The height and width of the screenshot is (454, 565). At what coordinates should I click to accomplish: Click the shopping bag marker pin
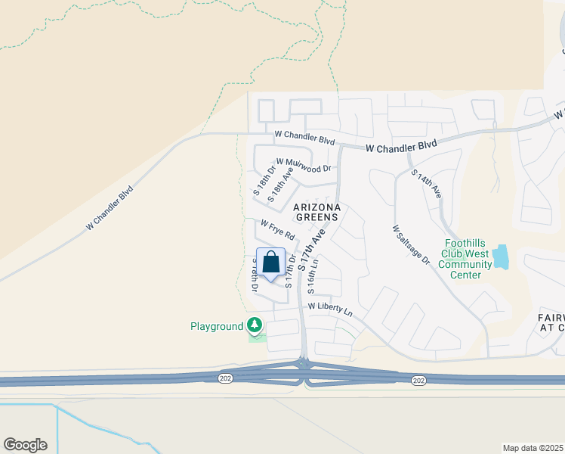[x=271, y=263]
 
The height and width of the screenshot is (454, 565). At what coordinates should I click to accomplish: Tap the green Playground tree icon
[x=255, y=326]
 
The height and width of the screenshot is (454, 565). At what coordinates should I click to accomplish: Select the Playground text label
[x=217, y=326]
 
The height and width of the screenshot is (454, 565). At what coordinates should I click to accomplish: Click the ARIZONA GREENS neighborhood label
[x=317, y=212]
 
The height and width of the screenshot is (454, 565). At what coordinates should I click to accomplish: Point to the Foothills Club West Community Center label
[x=465, y=259]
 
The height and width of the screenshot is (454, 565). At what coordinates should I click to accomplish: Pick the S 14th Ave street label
[x=426, y=184]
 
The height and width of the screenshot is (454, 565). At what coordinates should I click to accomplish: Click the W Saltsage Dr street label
[x=411, y=244]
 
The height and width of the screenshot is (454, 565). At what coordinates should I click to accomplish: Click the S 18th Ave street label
[x=280, y=184]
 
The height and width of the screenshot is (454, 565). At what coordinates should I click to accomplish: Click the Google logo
[x=25, y=445]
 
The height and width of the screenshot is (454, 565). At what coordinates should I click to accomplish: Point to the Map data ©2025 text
[x=533, y=447]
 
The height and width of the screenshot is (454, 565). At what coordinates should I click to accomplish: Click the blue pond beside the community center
[x=501, y=258]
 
